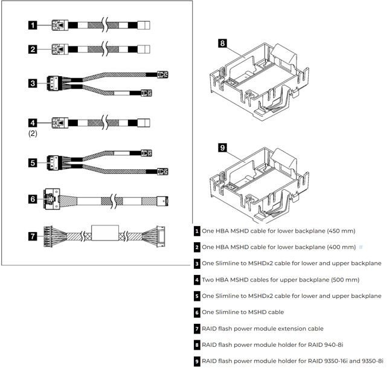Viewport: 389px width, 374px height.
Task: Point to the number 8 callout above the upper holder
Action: click(x=222, y=44)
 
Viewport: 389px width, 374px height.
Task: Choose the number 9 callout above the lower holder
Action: click(x=222, y=147)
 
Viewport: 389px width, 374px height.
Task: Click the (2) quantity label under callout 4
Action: click(x=33, y=134)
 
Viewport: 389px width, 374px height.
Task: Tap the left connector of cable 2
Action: click(x=58, y=50)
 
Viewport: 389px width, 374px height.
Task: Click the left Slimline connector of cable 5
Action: click(x=56, y=163)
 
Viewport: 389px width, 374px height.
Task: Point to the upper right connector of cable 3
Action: click(x=161, y=74)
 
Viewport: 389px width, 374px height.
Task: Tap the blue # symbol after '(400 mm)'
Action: click(x=361, y=247)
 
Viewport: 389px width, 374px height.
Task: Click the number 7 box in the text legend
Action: click(x=197, y=329)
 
